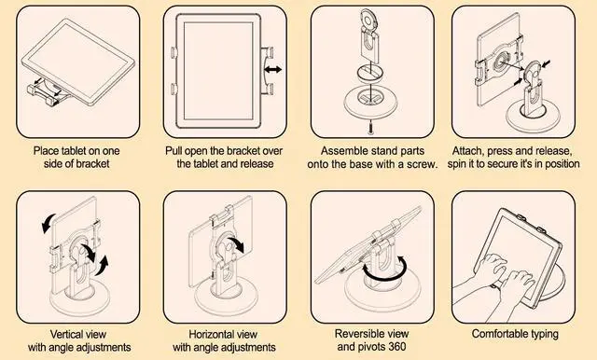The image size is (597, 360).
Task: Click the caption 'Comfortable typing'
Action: click(515, 333)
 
